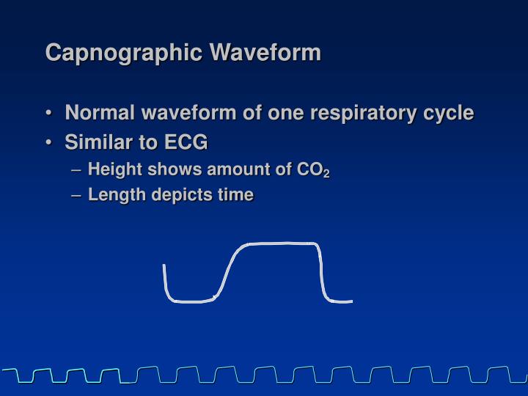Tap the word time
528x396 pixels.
[237, 194]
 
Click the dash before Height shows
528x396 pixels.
[77, 170]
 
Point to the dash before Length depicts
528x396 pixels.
[77, 195]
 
